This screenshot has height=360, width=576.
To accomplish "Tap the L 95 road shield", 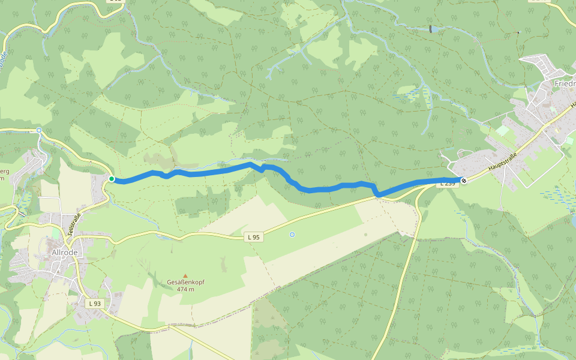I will click(254, 237).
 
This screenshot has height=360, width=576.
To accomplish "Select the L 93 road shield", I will click(95, 304).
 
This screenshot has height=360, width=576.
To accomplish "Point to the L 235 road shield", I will click(448, 184).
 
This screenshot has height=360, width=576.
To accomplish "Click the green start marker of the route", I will click(112, 179).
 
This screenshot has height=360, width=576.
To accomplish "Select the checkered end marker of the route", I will click(463, 180).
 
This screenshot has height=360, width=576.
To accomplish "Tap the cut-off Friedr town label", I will click(565, 83).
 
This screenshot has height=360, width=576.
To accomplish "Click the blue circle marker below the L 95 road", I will click(292, 235).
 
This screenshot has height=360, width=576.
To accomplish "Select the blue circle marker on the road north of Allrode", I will click(39, 130).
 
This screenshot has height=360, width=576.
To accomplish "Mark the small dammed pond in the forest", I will click(430, 29).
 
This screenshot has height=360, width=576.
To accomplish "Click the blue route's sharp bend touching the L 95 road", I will click(379, 195).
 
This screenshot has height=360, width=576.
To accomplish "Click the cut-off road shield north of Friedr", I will click(538, 1).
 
